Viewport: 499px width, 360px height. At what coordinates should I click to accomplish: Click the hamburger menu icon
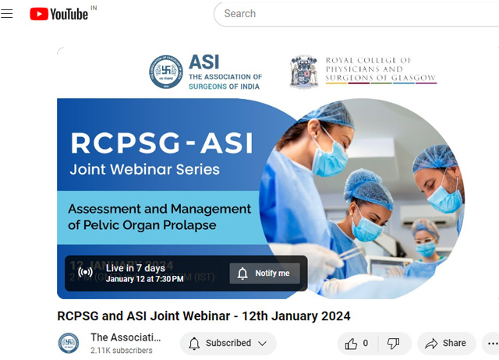coord(8,14)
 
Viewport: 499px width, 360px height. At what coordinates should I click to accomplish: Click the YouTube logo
coord(59,14)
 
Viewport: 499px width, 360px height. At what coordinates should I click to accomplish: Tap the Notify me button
coord(264,274)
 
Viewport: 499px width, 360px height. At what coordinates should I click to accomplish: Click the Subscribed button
coord(228,343)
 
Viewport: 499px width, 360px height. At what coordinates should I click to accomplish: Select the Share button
coord(446,343)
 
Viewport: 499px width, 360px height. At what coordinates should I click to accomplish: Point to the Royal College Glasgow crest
coord(304,72)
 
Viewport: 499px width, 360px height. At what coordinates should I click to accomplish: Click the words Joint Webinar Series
coord(145,169)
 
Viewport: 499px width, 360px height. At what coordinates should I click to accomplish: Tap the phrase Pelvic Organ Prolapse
coord(141,226)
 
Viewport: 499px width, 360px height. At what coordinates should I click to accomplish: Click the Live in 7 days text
coord(136,268)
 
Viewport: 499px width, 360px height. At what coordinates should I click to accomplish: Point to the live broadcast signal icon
coord(86,273)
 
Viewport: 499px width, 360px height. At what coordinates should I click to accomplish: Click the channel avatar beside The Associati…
coord(69,343)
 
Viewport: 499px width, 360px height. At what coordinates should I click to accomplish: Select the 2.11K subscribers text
coord(122,351)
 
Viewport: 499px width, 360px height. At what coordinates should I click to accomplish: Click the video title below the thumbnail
coord(203,316)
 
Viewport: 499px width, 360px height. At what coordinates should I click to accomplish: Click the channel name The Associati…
coord(126,337)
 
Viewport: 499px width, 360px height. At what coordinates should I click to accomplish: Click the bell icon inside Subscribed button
coord(195,343)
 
